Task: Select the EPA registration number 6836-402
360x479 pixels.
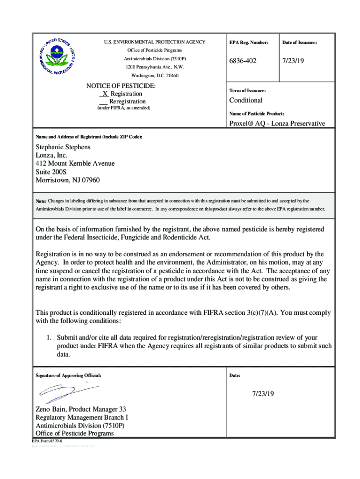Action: pyautogui.click(x=243, y=61)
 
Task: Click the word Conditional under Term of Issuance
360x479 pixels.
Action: pyautogui.click(x=245, y=100)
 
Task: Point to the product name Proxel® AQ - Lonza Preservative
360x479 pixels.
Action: pyautogui.click(x=277, y=123)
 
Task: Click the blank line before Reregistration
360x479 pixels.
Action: pyautogui.click(x=103, y=102)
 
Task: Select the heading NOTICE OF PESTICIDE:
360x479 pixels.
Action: pyautogui.click(x=121, y=86)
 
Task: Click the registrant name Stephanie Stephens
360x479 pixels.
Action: pyautogui.click(x=63, y=147)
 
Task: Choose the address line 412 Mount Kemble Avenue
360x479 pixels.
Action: pyautogui.click(x=75, y=163)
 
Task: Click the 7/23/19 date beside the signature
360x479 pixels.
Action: pyautogui.click(x=263, y=394)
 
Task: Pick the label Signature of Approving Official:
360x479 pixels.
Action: pyautogui.click(x=68, y=375)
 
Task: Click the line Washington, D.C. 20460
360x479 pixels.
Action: pyautogui.click(x=155, y=75)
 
